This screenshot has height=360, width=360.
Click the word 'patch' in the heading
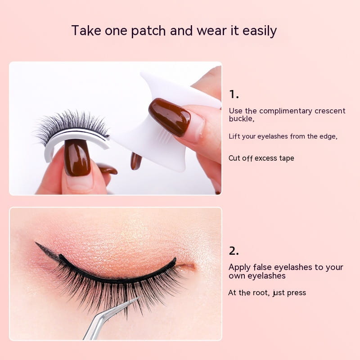click(148, 31)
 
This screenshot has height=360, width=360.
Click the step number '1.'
click(234, 94)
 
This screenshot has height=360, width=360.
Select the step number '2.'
click(234, 251)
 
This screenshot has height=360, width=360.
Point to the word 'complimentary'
click(286, 111)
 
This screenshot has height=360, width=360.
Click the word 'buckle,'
click(242, 118)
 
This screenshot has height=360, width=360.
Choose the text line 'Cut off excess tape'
click(261, 158)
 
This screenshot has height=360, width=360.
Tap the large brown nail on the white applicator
click(170, 117)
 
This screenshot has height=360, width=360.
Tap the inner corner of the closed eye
click(193, 266)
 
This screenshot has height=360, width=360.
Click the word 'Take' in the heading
click(86, 30)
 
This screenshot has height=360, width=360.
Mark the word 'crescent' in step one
click(330, 111)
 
